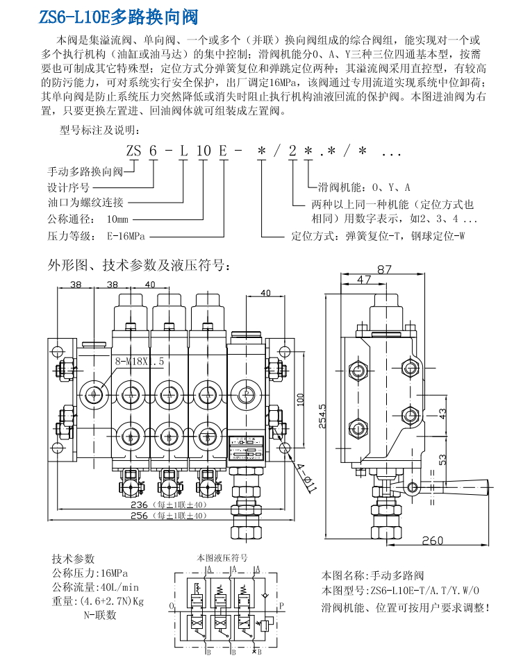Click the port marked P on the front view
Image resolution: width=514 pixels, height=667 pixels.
(244, 392)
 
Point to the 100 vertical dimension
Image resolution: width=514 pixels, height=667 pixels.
(301, 400)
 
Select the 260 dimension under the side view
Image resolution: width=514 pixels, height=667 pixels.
(432, 541)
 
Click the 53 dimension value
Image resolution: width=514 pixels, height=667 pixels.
(442, 459)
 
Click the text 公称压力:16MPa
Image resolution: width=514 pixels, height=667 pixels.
(90, 573)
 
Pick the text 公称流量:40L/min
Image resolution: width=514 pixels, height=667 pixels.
(96, 587)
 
